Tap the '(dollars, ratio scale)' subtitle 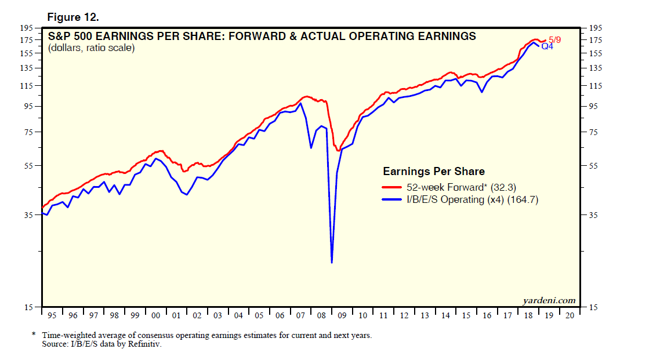pyautogui.click(x=91, y=48)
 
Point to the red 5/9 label pyautogui.click(x=554, y=39)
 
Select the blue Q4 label pyautogui.click(x=547, y=46)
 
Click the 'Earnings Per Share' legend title pyautogui.click(x=433, y=172)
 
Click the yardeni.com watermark pyautogui.click(x=548, y=300)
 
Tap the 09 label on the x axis pyautogui.click(x=342, y=315)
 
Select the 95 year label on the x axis pyautogui.click(x=52, y=315)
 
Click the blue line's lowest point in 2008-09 pyautogui.click(x=332, y=263)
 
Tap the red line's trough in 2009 pyautogui.click(x=338, y=151)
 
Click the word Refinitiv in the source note pyautogui.click(x=143, y=344)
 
